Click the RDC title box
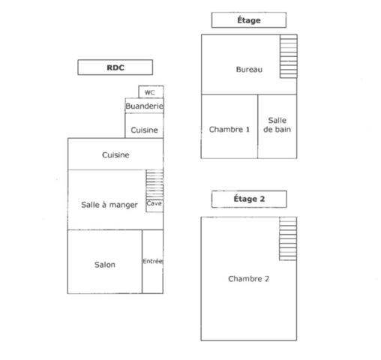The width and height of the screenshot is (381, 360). click(115, 67)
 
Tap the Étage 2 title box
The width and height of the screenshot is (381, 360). click(249, 199)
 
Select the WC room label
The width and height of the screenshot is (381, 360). click(149, 93)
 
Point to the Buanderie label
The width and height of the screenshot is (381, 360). click(144, 106)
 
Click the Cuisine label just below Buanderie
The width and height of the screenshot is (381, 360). click(144, 130)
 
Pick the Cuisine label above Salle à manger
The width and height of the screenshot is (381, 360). click(115, 155)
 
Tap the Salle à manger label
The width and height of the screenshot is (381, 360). click(109, 205)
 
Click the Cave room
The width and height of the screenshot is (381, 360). click(154, 205)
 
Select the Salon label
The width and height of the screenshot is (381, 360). click(105, 265)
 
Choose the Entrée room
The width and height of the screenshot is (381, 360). click(152, 262)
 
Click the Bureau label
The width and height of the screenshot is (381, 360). click(249, 69)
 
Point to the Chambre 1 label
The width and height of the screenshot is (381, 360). click(229, 129)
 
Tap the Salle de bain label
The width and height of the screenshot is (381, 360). click(277, 124)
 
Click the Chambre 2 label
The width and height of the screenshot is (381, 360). click(248, 279)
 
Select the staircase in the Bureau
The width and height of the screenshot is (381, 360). click(289, 56)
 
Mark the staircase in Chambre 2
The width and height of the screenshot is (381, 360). click(288, 238)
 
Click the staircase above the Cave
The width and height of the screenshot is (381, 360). click(154, 184)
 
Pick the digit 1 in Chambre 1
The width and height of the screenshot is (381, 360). click(247, 129)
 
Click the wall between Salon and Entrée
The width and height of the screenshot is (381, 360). click(142, 262)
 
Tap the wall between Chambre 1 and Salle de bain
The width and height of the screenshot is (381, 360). click(258, 127)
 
